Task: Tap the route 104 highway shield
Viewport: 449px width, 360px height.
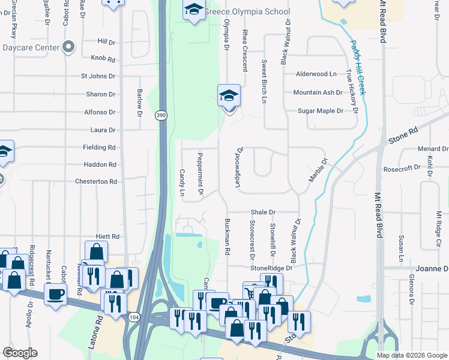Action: (x=133, y=316)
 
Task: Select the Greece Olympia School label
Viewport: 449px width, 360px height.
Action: (x=247, y=11)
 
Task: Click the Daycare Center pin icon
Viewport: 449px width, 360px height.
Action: (x=69, y=47)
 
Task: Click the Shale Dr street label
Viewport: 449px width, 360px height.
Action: (x=263, y=212)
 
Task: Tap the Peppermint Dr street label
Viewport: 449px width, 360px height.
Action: (x=201, y=175)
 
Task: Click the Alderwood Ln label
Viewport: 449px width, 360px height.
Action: (x=316, y=74)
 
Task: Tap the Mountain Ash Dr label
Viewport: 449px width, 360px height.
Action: (x=318, y=92)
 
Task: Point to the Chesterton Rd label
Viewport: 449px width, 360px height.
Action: (x=95, y=181)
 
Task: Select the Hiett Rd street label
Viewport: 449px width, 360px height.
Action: (x=107, y=237)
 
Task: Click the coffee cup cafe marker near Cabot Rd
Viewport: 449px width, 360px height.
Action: (x=56, y=294)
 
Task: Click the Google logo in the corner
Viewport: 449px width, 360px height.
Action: (x=20, y=353)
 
